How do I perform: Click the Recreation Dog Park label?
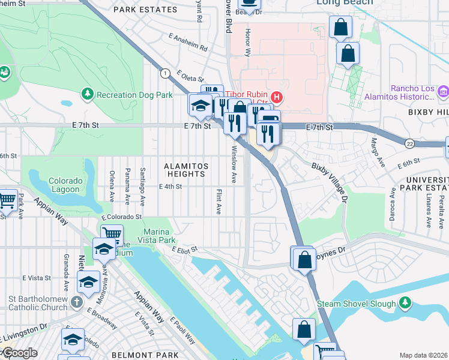coord(134,95)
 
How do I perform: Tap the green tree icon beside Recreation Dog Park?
coord(88,95)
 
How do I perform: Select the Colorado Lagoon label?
coord(64,185)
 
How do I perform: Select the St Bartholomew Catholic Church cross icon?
coord(77,301)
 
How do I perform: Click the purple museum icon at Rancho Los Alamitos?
coord(443,92)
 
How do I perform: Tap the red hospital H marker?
coord(277,96)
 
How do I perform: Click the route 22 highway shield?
coord(409,143)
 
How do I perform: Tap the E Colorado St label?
coord(121,217)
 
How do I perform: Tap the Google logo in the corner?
coord(19,353)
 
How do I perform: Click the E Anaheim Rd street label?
coord(188,43)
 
